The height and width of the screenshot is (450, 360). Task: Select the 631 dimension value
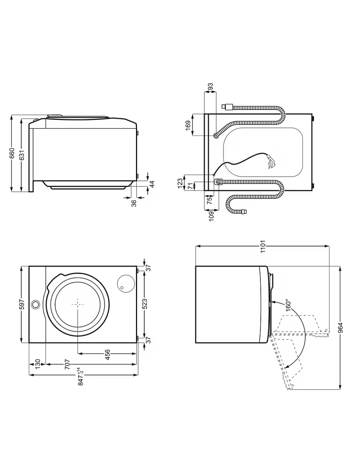coord(22,155)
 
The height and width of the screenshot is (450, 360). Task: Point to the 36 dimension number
coord(134,203)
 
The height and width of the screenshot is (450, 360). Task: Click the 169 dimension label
coord(188,125)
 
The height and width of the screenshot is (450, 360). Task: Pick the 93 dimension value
coord(210,87)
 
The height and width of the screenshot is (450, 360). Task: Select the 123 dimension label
coord(180,183)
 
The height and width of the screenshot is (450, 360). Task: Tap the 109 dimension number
coord(211,215)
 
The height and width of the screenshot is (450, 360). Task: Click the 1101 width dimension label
coord(263,246)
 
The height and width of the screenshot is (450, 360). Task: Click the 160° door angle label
coord(288,304)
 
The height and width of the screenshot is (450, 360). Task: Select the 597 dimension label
coord(22,304)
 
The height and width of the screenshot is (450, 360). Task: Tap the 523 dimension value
coord(144,304)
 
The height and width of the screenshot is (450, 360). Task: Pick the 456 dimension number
coord(107,355)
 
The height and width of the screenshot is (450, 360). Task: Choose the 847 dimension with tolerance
coord(80,377)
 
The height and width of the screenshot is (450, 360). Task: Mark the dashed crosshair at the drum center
coord(77,304)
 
